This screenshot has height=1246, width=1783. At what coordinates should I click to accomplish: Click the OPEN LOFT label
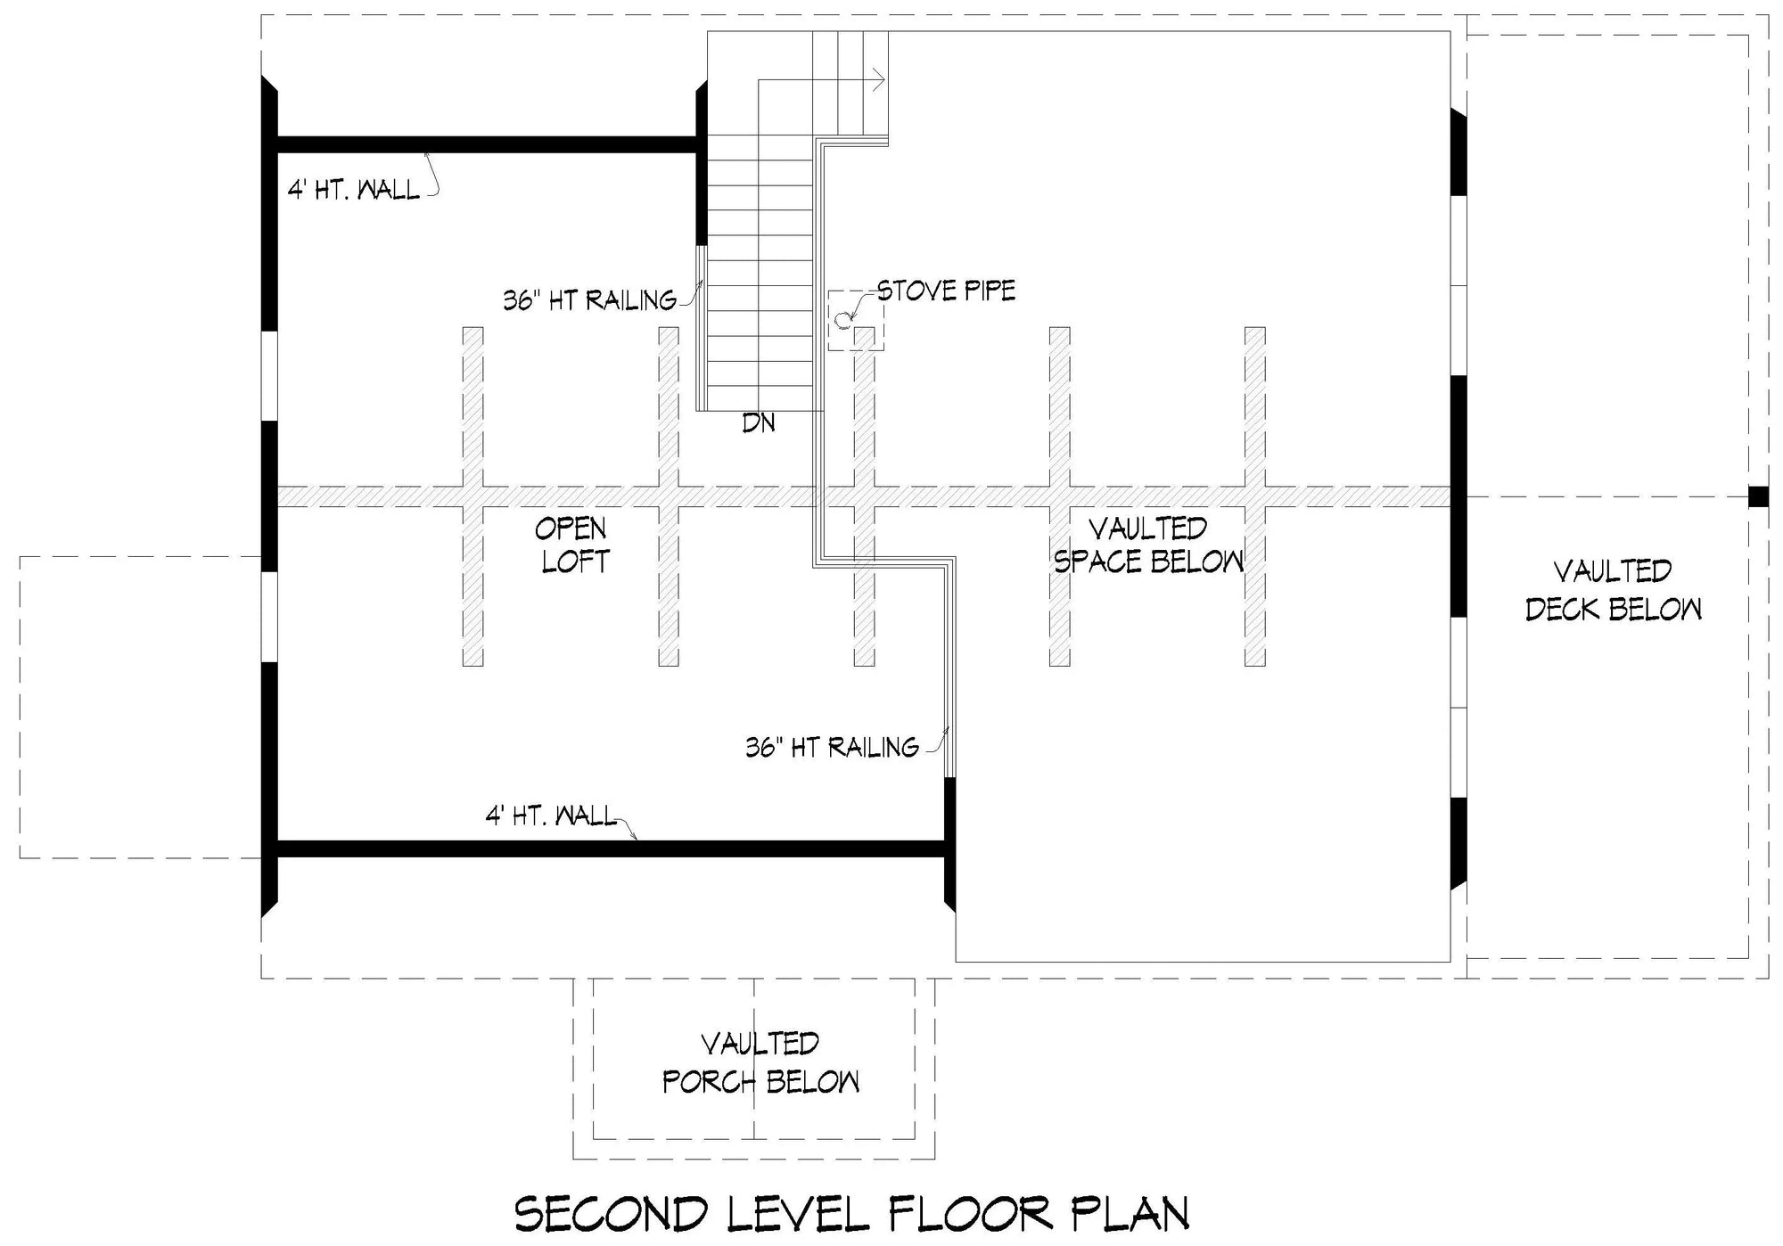(571, 545)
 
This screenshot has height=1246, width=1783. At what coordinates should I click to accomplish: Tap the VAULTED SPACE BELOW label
(1148, 545)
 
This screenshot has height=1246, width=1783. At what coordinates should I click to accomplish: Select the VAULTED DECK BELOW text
(1613, 589)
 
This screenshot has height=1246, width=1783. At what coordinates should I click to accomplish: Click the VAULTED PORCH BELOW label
(760, 1062)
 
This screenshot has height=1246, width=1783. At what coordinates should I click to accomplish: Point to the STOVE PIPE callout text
(946, 291)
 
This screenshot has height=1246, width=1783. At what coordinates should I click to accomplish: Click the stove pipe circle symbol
(842, 319)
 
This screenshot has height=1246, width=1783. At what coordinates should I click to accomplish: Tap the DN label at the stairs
(759, 423)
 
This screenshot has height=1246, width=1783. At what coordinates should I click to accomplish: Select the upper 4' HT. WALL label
(353, 190)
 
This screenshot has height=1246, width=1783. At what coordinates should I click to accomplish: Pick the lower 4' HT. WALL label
(550, 816)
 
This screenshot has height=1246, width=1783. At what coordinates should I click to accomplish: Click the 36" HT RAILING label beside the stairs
(589, 300)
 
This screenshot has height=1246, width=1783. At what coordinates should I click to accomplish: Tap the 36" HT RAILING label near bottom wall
(832, 747)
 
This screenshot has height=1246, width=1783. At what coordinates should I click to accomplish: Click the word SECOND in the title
(612, 1214)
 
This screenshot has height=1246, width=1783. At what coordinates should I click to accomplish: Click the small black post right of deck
(1757, 496)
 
